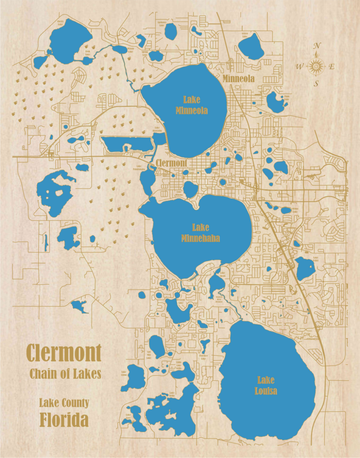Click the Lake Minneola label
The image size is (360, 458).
(x=191, y=105)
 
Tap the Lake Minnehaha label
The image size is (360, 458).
(x=200, y=233)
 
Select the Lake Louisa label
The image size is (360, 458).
(x=266, y=385)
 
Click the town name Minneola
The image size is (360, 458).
(x=239, y=79)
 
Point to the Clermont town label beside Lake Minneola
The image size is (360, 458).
(x=172, y=163)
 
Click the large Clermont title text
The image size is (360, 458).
(x=64, y=352)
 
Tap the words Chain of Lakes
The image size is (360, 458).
(x=65, y=374)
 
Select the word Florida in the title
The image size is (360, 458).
(x=64, y=420)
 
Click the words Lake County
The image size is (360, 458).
(x=64, y=403)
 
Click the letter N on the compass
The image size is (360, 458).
(x=317, y=46)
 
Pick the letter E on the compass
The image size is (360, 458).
(x=332, y=67)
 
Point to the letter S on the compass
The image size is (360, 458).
(x=316, y=84)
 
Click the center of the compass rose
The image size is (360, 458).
(x=316, y=66)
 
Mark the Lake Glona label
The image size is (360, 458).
(x=124, y=373)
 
